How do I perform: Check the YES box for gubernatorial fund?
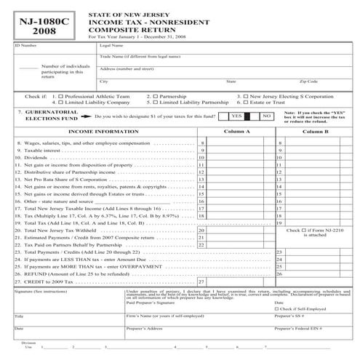click(237, 116)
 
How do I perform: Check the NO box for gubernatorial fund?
click(266, 116)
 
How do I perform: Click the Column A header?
click(237, 132)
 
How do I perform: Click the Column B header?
click(316, 132)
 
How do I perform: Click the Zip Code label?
click(308, 81)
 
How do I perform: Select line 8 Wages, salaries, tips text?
click(80, 144)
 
